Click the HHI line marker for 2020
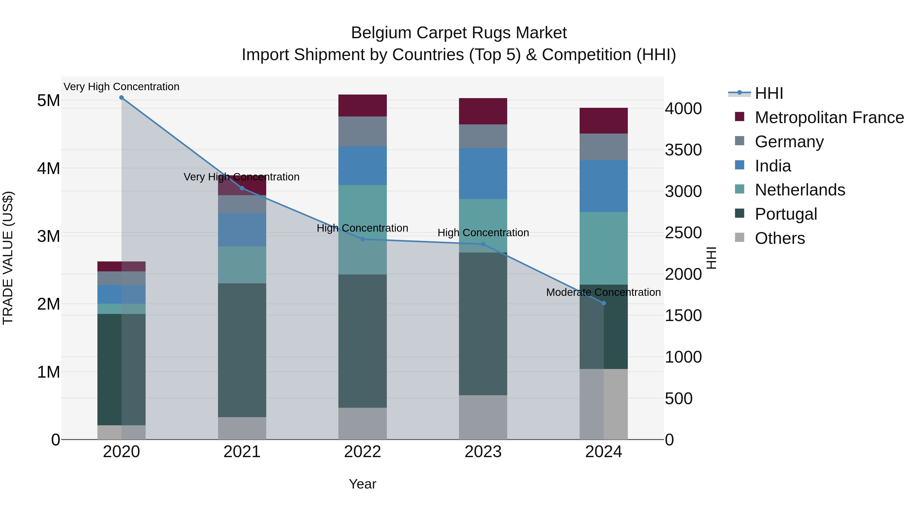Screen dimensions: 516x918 [x=122, y=98]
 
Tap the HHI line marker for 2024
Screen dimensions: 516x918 [x=603, y=303]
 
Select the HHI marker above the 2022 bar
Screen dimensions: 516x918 [x=362, y=239]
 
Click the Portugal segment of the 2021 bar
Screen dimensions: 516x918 [x=242, y=350]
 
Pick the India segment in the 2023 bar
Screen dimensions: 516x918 [x=483, y=174]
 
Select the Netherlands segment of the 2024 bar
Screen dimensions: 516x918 [x=603, y=248]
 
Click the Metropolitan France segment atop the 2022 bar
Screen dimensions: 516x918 [x=362, y=105]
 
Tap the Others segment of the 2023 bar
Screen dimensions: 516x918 [x=483, y=417]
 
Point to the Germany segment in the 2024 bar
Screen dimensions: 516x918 [x=603, y=147]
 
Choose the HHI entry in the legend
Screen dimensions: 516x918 [x=769, y=93]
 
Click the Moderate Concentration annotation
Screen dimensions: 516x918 [x=603, y=292]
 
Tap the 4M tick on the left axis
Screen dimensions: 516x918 [x=48, y=168]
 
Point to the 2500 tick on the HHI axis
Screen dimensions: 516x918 [x=683, y=233]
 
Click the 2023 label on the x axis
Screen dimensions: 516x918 [x=483, y=452]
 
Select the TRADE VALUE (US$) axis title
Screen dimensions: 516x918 [x=8, y=258]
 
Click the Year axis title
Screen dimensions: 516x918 [x=362, y=484]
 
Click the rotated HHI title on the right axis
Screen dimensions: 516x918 [x=711, y=258]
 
